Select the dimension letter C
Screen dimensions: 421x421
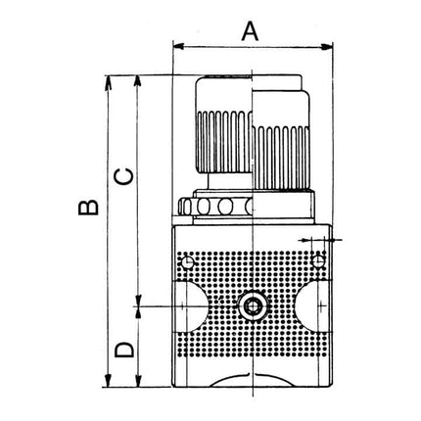click(122, 177)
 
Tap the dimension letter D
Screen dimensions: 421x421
click(122, 349)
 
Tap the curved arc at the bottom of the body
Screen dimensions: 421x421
click(253, 379)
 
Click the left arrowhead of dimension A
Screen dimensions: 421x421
click(177, 45)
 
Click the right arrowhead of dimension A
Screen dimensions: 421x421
click(328, 45)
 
